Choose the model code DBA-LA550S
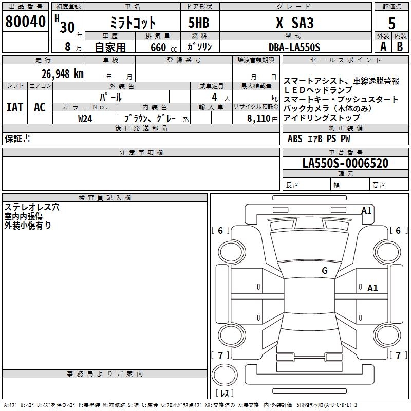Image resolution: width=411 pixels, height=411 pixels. point(294,47)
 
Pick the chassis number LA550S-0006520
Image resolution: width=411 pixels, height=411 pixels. point(345,164)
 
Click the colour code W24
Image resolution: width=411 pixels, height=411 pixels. point(85,118)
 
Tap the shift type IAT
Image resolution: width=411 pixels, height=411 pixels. point(14,107)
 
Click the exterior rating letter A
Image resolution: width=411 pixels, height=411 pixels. point(382,47)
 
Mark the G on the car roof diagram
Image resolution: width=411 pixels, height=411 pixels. point(324,271)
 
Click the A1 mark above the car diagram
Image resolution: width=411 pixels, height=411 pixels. point(366,210)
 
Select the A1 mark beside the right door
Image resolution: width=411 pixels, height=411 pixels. point(372,288)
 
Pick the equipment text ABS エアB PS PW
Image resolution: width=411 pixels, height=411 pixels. point(319,139)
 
